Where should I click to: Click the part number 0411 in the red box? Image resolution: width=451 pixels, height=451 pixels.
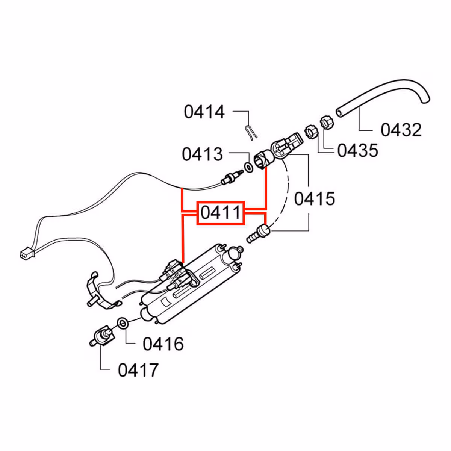pos(221,213)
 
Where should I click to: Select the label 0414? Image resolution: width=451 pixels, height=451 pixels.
pos(204,112)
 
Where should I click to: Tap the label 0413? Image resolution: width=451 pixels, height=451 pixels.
pos(202,154)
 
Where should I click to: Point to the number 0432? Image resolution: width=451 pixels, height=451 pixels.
pos(401,130)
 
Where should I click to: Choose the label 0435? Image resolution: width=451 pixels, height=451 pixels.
pos(357,150)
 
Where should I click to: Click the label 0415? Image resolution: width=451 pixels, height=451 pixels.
pos(314,198)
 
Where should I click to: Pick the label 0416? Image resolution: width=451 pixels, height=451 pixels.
pos(163,344)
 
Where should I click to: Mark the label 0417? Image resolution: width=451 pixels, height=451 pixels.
pos(138,370)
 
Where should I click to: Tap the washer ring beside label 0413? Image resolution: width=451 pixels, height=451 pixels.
pos(248,166)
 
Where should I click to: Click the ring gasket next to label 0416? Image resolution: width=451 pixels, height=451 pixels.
pos(123,322)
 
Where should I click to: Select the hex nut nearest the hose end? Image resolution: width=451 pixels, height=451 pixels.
pos(326,123)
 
